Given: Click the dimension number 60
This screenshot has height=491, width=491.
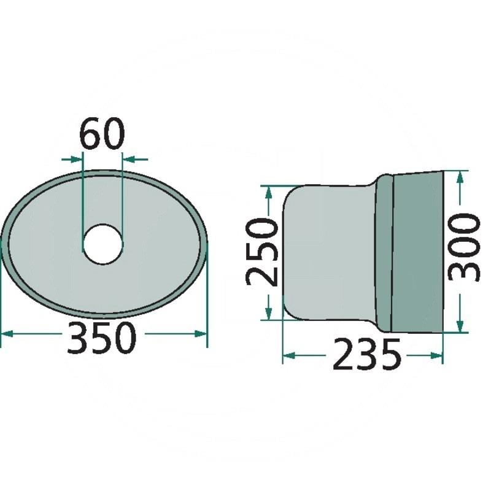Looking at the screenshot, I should [x=102, y=135].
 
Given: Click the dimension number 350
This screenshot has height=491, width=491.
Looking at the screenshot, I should [x=101, y=338].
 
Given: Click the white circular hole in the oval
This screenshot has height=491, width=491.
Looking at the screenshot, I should [x=103, y=244].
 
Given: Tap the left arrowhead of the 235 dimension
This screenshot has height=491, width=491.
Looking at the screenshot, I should [x=288, y=355].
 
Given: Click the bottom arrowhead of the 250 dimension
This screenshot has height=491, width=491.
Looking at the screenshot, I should [x=268, y=314].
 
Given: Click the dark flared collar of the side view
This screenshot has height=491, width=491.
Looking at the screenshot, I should [x=417, y=252].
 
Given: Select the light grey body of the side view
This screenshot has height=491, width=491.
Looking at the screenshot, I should [x=328, y=252].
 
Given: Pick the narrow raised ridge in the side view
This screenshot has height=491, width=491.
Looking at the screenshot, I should [x=384, y=252].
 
